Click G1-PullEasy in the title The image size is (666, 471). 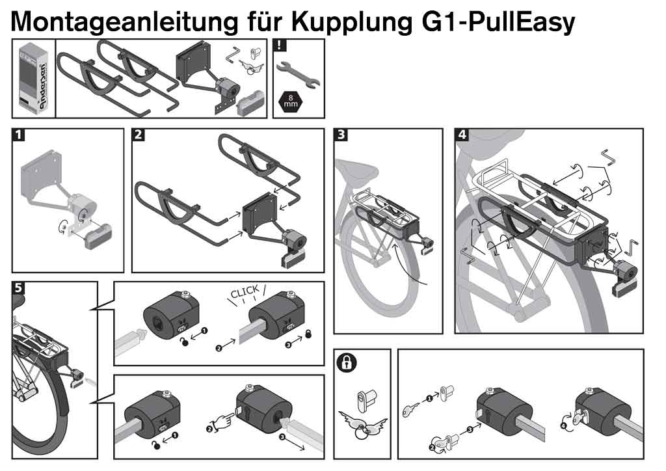(x=495, y=21)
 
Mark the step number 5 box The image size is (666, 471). (x=19, y=288)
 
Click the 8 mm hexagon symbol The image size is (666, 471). (x=287, y=101)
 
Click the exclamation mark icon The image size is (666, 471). (x=279, y=45)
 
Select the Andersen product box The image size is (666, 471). (x=33, y=78)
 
